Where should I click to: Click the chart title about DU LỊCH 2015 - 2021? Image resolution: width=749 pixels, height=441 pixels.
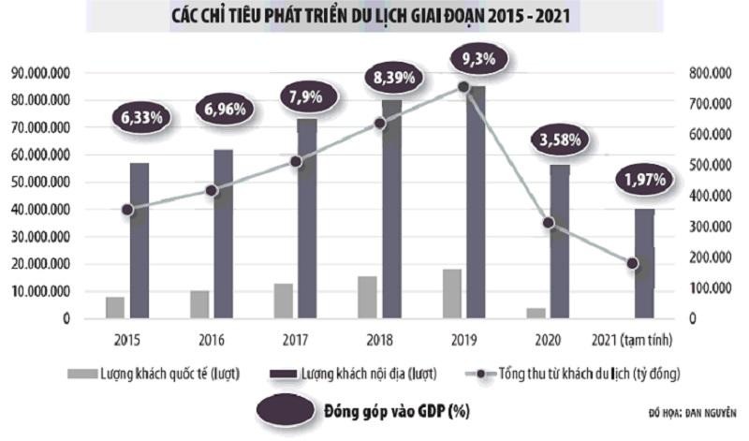(374, 16)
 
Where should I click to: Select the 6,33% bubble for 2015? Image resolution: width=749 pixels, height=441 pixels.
(140, 118)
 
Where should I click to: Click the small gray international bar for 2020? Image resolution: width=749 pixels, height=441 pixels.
(536, 313)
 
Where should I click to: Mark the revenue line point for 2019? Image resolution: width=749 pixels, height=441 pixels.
(463, 87)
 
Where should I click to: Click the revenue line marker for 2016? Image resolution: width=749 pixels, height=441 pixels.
(212, 191)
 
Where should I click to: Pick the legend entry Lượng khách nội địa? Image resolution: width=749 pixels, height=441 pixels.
(361, 374)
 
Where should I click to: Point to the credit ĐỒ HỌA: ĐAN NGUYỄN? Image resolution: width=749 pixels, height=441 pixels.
(693, 412)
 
